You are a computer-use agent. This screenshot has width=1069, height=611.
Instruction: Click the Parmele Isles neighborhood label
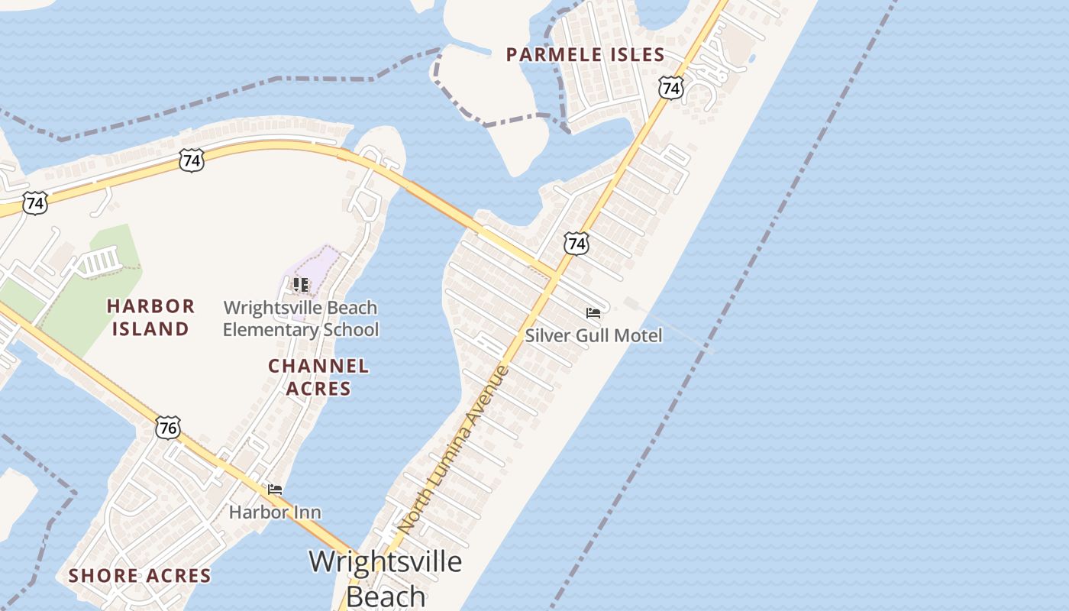586,55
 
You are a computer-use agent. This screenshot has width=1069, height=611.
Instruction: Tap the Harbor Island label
150,318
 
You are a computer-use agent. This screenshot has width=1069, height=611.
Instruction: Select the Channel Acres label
318,377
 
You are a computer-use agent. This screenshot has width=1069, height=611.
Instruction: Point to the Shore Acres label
140,576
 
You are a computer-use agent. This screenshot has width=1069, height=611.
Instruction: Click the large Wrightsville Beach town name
385,577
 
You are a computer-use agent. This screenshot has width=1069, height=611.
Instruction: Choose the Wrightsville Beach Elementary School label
301,319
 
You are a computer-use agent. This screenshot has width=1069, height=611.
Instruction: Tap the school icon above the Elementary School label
301,285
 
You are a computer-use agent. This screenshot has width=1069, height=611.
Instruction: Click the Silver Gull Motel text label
593,335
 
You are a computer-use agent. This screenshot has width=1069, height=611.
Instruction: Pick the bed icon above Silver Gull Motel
593,313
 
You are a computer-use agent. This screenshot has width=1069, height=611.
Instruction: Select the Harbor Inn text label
275,512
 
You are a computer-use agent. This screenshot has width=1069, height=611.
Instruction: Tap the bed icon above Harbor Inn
275,490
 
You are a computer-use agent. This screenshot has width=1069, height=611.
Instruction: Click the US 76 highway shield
168,428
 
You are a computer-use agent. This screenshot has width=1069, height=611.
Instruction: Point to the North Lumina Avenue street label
453,451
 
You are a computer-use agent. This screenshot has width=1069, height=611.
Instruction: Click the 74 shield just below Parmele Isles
670,89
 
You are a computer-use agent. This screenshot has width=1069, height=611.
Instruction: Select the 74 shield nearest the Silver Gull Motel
576,244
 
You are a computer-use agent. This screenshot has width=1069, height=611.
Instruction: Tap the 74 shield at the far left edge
34,203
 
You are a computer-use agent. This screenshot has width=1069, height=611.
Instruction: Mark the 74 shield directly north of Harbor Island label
192,160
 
